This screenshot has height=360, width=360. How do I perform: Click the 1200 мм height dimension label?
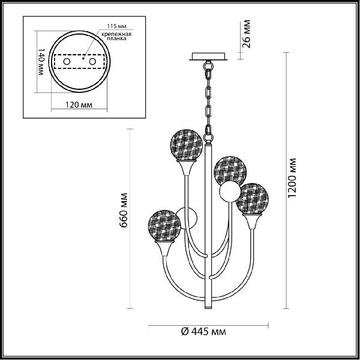(x=292, y=178)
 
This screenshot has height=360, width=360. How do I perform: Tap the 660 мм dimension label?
(x=124, y=211)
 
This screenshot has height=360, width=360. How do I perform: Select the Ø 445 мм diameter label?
(x=203, y=331)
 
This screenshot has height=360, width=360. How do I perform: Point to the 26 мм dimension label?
(x=246, y=34)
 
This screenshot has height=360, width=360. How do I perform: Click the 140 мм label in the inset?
(x=41, y=62)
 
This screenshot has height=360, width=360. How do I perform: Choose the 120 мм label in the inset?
(x=79, y=105)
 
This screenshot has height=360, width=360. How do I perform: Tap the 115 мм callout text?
(x=116, y=26)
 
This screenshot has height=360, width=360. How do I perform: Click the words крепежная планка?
(x=116, y=36)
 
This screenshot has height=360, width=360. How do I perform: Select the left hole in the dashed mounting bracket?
(x=67, y=62)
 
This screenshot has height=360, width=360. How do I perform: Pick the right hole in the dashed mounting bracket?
(x=92, y=62)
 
